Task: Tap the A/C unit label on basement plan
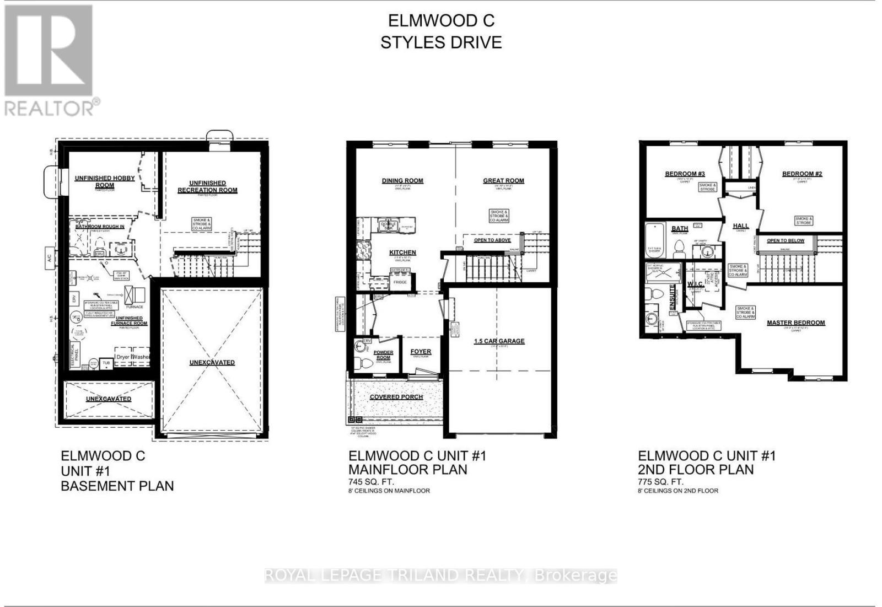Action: (49, 258)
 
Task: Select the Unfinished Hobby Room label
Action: (105, 181)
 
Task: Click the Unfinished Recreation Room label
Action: (207, 186)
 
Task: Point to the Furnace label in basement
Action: (135, 307)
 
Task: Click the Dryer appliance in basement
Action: (123, 357)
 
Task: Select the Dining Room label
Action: (402, 181)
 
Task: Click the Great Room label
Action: (503, 181)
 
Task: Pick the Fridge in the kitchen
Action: (400, 282)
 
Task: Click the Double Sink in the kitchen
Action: (388, 225)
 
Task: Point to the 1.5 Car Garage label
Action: (499, 341)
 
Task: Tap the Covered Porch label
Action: (396, 397)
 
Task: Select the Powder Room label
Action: (383, 355)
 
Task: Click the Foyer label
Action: (421, 352)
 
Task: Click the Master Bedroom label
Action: (795, 323)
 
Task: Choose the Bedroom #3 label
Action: (685, 174)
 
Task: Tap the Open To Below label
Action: (785, 240)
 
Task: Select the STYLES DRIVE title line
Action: (441, 42)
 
